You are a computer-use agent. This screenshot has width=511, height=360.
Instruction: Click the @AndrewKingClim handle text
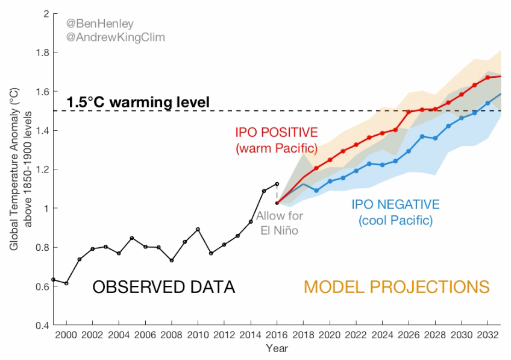[115, 37]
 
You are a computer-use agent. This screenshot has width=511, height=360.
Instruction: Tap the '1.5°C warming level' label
[138, 102]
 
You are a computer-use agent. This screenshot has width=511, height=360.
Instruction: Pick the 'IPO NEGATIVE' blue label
[395, 204]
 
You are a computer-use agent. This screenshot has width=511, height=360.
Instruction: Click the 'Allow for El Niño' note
[280, 223]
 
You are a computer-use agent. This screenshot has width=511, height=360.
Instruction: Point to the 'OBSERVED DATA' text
[163, 287]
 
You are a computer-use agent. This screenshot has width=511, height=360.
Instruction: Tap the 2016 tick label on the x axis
[277, 335]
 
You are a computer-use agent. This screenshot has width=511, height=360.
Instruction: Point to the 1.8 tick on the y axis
[42, 53]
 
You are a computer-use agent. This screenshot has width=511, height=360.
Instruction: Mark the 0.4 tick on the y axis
[42, 326]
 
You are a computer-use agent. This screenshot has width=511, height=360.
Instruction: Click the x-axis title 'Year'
[278, 349]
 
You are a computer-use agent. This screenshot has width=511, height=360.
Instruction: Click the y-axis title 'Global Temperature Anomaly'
[14, 169]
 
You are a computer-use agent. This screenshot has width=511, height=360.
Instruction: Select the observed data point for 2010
[198, 229]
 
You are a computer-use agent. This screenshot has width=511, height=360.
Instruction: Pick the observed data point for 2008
[172, 261]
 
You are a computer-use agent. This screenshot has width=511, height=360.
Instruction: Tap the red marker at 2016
[277, 203]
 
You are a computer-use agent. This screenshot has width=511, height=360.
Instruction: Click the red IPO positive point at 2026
[409, 112]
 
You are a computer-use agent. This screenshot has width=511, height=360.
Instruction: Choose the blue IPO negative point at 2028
[435, 138]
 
